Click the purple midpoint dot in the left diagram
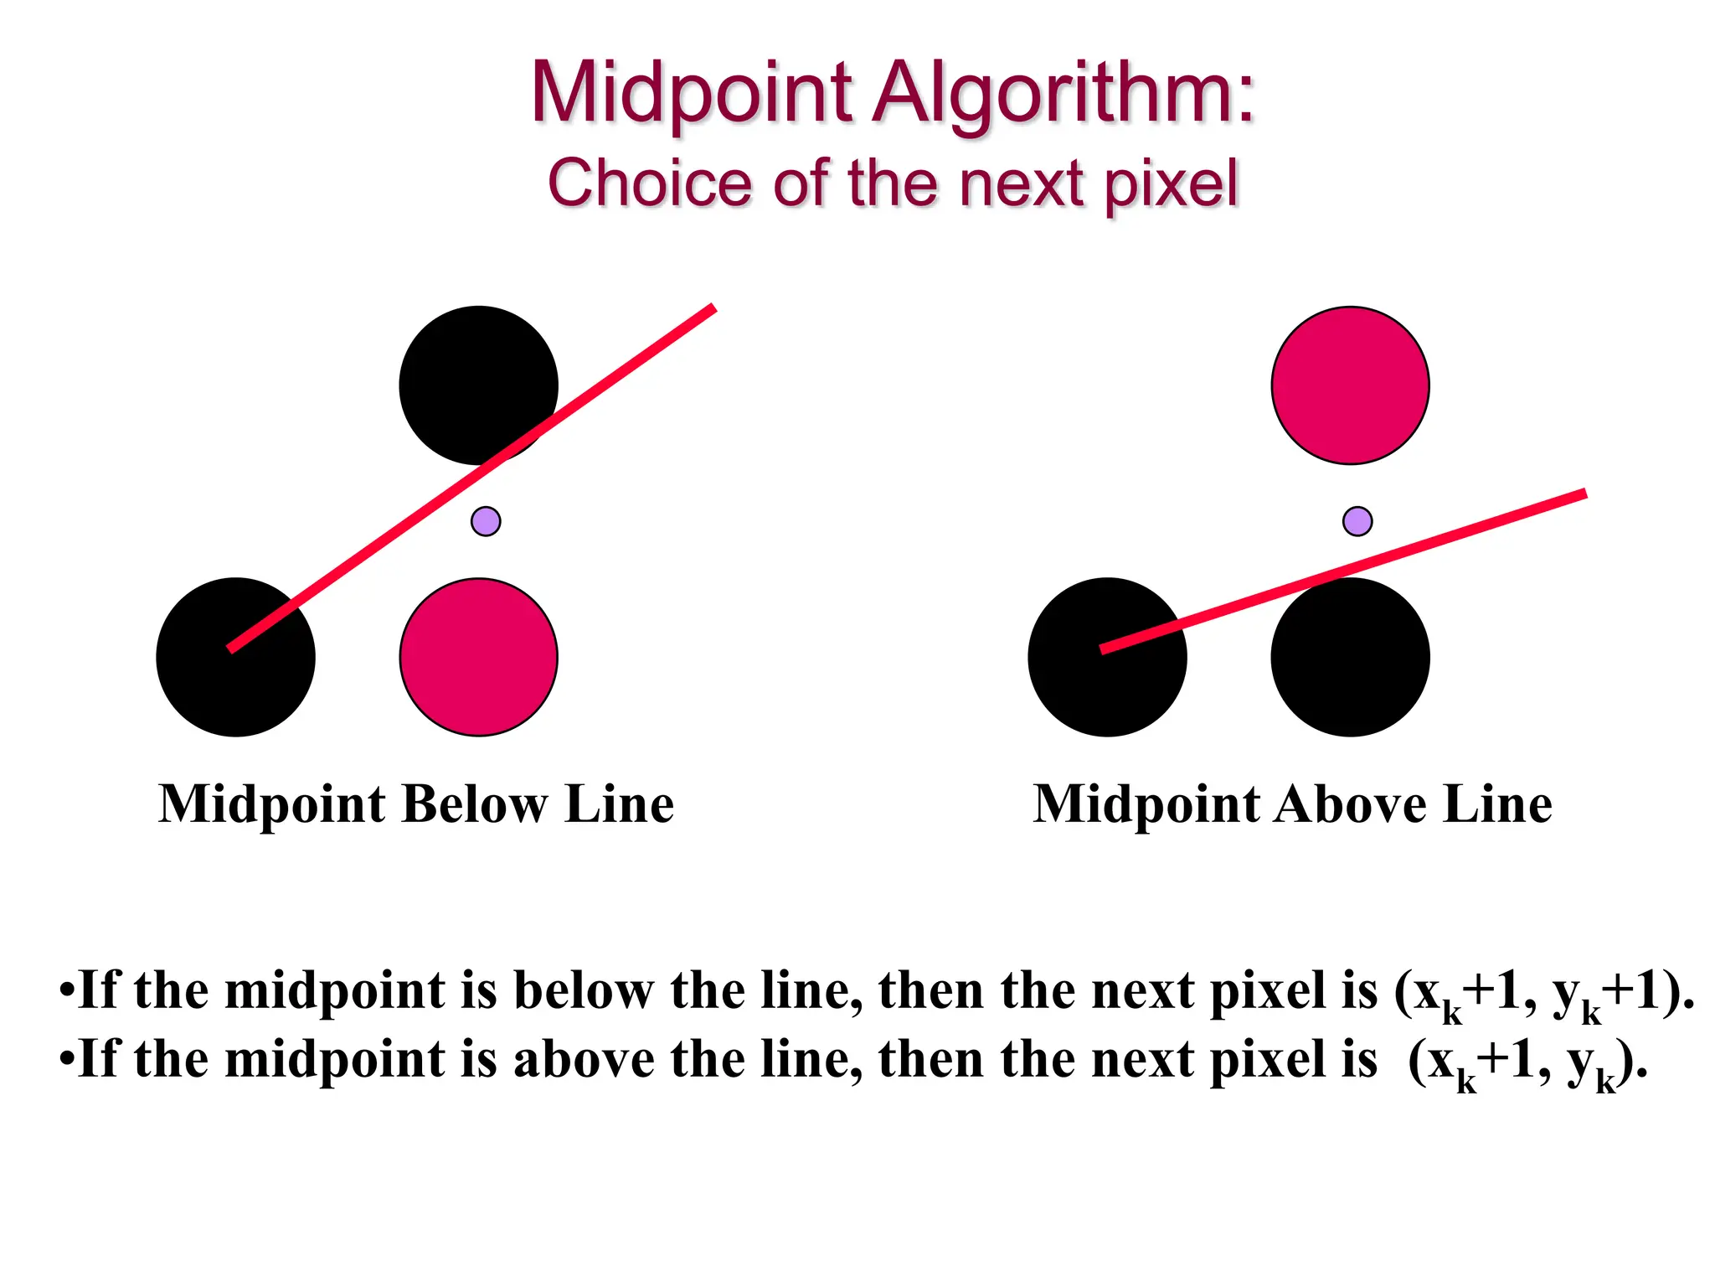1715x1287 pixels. coord(486,521)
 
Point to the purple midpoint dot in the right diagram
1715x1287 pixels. coord(1357,521)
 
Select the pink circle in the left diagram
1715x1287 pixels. coord(478,657)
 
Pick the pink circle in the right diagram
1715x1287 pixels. coord(1350,385)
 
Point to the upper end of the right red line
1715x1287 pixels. coord(1582,494)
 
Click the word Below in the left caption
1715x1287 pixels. coord(474,804)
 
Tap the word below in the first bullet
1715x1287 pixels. coord(584,990)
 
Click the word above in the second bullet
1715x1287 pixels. coord(584,1059)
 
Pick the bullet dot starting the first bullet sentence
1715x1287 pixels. coord(67,990)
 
